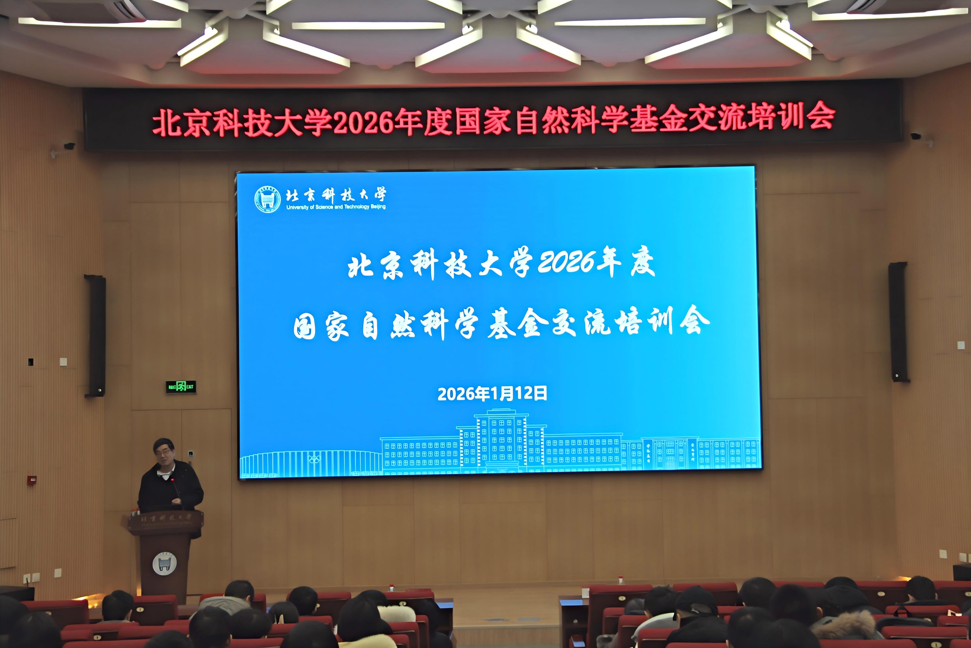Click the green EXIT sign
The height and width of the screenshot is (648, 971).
click(181, 387)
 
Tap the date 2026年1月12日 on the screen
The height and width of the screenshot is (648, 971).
click(492, 393)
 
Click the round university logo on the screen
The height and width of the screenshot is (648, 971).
click(267, 199)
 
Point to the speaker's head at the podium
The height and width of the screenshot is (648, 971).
click(164, 451)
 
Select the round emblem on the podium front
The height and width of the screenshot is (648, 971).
click(164, 564)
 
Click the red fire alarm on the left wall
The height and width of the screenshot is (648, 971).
click(32, 480)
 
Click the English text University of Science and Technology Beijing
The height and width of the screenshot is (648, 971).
click(336, 207)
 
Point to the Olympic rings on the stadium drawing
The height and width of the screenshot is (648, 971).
click(314, 459)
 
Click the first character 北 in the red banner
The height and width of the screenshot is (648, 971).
click(167, 123)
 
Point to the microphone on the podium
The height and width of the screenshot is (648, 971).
click(174, 482)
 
